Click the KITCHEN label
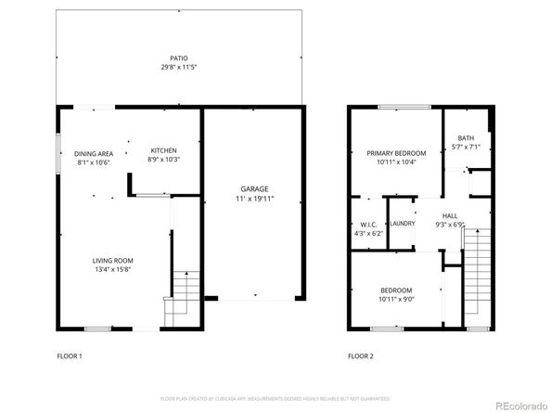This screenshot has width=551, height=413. (x=163, y=151)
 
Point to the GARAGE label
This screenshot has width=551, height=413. (x=252, y=187)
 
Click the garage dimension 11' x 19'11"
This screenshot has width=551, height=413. (x=252, y=198)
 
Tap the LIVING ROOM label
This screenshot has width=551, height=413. (x=112, y=260)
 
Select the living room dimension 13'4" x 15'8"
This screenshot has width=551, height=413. (x=112, y=270)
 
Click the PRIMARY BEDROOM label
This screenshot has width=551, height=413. (x=396, y=153)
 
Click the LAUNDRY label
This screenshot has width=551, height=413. (x=402, y=224)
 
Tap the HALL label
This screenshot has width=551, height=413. (x=449, y=215)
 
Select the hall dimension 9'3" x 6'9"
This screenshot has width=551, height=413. (x=449, y=225)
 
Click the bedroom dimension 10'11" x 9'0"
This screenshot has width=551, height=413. (x=396, y=300)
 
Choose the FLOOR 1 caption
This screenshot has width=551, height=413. (x=70, y=355)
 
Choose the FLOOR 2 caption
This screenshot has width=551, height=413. (x=360, y=355)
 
